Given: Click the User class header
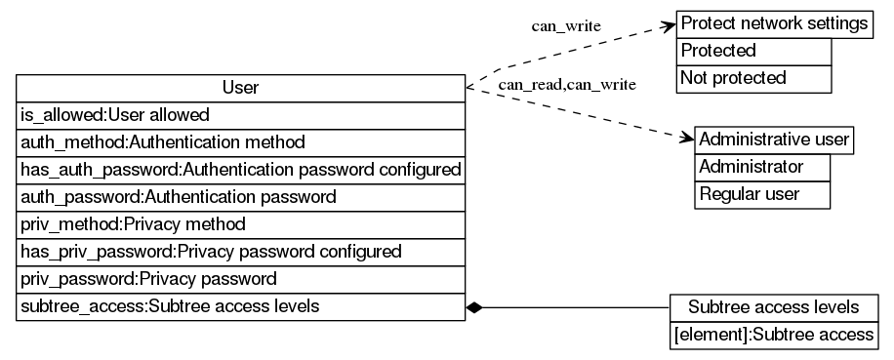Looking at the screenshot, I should (x=240, y=88).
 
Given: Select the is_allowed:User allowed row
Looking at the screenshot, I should (x=240, y=115).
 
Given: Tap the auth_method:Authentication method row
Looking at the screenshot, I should (x=240, y=142).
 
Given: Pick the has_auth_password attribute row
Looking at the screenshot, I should (x=240, y=170).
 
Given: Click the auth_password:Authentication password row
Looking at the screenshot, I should (x=240, y=197).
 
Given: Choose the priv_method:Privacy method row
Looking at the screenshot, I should (x=240, y=224).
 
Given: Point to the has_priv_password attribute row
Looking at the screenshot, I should (x=240, y=252).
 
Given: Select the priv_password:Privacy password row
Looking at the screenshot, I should (x=240, y=279).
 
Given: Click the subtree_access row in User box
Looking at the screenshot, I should (x=240, y=306).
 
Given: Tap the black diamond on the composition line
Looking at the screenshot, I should (x=475, y=307).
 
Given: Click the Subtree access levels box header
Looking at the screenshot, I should (x=773, y=307).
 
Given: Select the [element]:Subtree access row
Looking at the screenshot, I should (x=773, y=335).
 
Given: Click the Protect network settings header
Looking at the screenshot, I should (x=774, y=23).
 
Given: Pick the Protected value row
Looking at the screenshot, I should (x=753, y=51).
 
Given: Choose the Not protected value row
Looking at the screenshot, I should (x=753, y=78).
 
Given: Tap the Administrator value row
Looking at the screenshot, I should (x=762, y=167).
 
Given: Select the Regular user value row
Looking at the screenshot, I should (x=762, y=194).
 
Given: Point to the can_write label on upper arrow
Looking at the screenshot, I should (x=566, y=25).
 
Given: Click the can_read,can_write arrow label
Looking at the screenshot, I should (x=567, y=85).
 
